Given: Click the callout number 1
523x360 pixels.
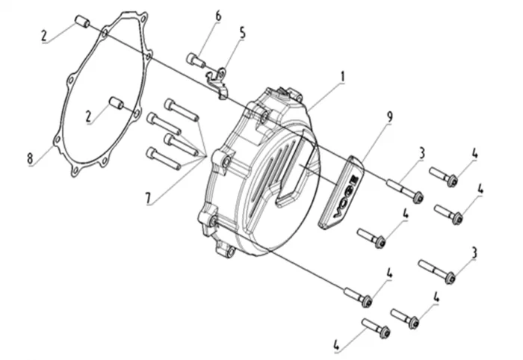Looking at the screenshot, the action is point(342,77).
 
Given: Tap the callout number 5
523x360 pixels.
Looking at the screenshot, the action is point(243,34).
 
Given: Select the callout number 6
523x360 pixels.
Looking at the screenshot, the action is point(218,16).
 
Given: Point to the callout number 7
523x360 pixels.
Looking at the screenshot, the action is point(148,198).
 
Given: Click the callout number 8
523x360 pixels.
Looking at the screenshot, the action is point(30,158).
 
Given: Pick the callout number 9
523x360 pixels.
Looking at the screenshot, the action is point(389,117).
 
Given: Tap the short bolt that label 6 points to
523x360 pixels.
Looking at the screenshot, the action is point(196,60).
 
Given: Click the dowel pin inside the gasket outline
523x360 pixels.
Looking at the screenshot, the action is point(117,102).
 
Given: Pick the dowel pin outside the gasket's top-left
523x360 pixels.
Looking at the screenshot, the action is point(82,21).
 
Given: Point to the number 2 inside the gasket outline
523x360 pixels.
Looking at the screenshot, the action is point(88,117).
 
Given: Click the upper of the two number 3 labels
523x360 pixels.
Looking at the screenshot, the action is point(422,153).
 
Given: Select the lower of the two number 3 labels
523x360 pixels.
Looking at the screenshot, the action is point(474,252).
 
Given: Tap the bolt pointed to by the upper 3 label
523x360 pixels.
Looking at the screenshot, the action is point(405,190).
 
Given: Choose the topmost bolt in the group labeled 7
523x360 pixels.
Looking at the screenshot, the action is point(182,110).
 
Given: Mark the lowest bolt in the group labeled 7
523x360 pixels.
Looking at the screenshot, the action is point(164,158).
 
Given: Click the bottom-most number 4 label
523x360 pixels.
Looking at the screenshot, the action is point(336,346).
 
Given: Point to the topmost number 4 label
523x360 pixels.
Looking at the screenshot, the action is point(474,154).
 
